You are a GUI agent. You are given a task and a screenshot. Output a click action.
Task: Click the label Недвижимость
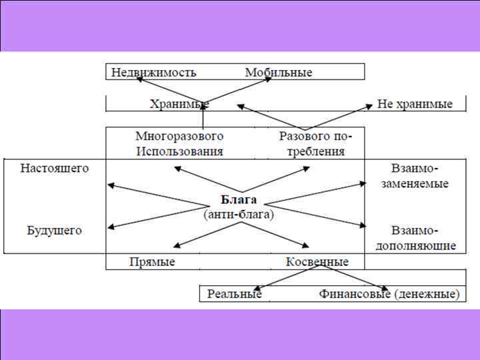coord(153,72)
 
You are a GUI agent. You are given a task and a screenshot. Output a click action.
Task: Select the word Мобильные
coord(278,72)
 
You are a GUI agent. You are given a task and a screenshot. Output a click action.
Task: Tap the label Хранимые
coord(179,104)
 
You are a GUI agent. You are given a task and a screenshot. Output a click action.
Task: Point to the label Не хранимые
coord(415,104)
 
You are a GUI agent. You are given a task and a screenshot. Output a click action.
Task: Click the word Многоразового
coord(179,135)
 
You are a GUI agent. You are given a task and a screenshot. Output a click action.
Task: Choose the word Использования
coord(179,151)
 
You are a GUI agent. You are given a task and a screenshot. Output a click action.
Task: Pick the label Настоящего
coord(55,168)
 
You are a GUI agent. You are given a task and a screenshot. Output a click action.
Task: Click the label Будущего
coord(55,231)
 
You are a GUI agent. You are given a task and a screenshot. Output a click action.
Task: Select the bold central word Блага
coord(239,201)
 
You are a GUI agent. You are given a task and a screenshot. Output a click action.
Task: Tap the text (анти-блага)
coord(239,215)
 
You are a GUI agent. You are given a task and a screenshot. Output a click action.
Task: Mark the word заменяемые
coord(419,183)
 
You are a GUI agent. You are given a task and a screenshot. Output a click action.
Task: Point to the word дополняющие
coord(419,246)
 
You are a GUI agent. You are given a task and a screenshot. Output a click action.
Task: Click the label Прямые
coord(152,262)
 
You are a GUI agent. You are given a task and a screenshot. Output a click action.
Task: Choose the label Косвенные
coord(317,262)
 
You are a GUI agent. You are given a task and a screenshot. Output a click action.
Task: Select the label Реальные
coord(234,293)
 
